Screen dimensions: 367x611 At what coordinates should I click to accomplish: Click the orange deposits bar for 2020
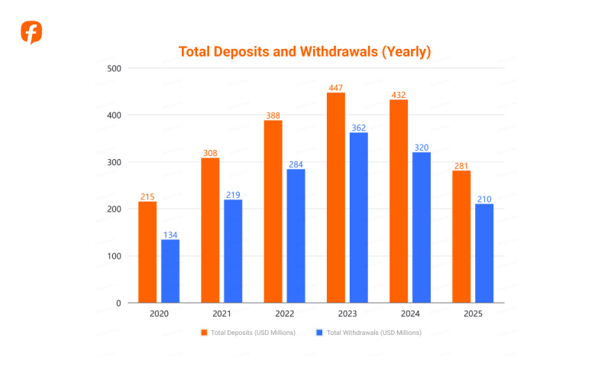(147, 252)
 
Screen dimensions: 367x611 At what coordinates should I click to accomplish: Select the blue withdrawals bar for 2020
(170, 271)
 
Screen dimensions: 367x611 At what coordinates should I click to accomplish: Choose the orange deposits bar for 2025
(461, 236)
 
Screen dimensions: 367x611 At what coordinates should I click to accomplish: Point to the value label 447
(335, 87)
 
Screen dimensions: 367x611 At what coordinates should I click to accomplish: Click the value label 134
(170, 234)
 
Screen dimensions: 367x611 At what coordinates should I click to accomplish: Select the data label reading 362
(358, 127)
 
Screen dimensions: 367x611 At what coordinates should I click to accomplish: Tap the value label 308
(210, 152)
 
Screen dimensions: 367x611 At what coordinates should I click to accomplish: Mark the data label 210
(484, 198)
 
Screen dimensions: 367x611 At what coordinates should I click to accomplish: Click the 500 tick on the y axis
(114, 68)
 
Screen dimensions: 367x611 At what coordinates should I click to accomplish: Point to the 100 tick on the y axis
(114, 255)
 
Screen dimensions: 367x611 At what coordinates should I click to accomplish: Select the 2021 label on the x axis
(221, 314)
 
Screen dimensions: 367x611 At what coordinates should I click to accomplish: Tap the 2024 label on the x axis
(409, 314)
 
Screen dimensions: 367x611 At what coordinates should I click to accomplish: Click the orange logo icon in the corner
(31, 33)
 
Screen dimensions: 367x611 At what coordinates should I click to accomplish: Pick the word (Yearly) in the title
(406, 52)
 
